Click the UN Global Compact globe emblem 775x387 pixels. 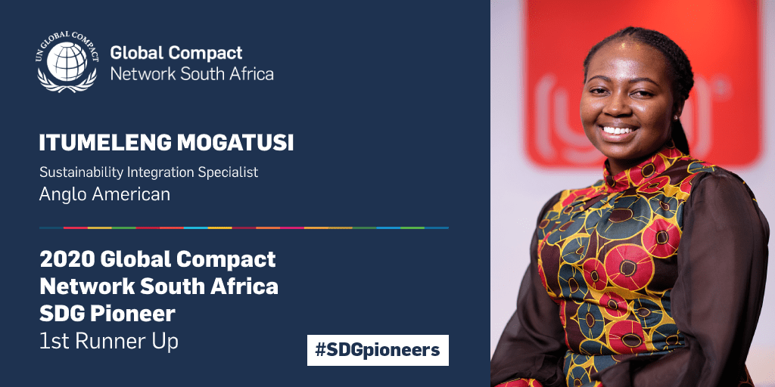pyautogui.click(x=67, y=62)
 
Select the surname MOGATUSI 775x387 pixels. pyautogui.click(x=235, y=143)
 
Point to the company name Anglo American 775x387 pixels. pyautogui.click(x=104, y=194)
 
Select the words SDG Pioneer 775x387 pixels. pyautogui.click(x=107, y=314)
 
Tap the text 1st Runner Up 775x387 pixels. pyautogui.click(x=109, y=342)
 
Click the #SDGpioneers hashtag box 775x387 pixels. pyautogui.click(x=378, y=350)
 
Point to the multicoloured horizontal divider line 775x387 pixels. pyautogui.click(x=244, y=228)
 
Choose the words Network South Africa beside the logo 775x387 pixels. pyautogui.click(x=191, y=73)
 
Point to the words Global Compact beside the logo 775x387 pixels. pyautogui.click(x=176, y=53)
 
